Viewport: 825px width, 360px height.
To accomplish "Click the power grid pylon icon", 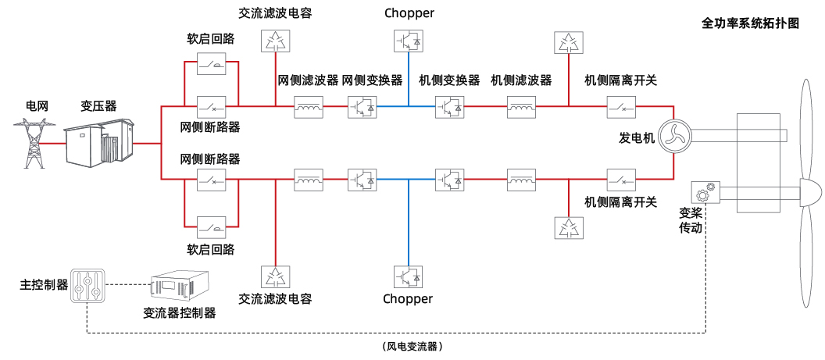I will point(32,143).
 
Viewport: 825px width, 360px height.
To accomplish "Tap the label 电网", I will point(37,105).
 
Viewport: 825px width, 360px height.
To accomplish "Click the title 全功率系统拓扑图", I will point(750,23).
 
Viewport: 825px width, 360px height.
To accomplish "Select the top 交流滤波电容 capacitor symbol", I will point(275,41).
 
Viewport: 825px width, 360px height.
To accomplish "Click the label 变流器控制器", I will point(179,313).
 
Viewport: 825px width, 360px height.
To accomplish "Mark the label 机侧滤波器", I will point(521,80).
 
